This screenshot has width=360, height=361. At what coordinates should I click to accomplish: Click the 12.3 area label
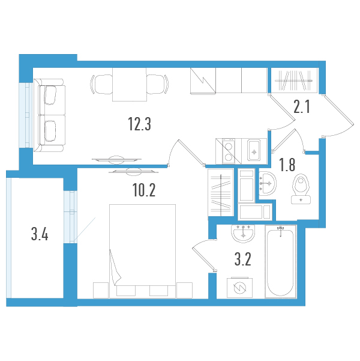(139, 124)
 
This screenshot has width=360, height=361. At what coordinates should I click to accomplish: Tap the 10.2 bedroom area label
(144, 190)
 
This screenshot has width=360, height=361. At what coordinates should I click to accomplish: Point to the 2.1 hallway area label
(302, 106)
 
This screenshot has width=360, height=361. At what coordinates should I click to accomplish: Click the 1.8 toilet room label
(287, 165)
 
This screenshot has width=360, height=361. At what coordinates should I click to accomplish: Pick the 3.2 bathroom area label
(242, 259)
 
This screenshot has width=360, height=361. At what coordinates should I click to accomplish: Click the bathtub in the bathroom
(280, 261)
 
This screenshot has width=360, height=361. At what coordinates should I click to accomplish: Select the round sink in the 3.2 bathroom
(243, 233)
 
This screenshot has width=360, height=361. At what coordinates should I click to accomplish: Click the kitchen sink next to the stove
(254, 150)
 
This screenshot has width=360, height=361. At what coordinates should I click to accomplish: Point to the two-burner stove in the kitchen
(229, 151)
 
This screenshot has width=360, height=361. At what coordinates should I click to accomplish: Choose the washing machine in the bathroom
(239, 287)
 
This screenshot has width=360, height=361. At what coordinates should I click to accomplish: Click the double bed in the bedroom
(142, 251)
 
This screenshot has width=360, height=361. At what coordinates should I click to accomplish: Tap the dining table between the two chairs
(130, 84)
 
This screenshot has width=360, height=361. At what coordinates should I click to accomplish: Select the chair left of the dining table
(101, 84)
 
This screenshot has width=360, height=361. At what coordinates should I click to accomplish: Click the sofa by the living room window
(49, 115)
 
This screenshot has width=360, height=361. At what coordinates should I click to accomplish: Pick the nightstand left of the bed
(101, 290)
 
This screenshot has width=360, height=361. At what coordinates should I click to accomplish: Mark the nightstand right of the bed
(184, 290)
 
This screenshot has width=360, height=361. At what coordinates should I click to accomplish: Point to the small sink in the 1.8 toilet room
(267, 183)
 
